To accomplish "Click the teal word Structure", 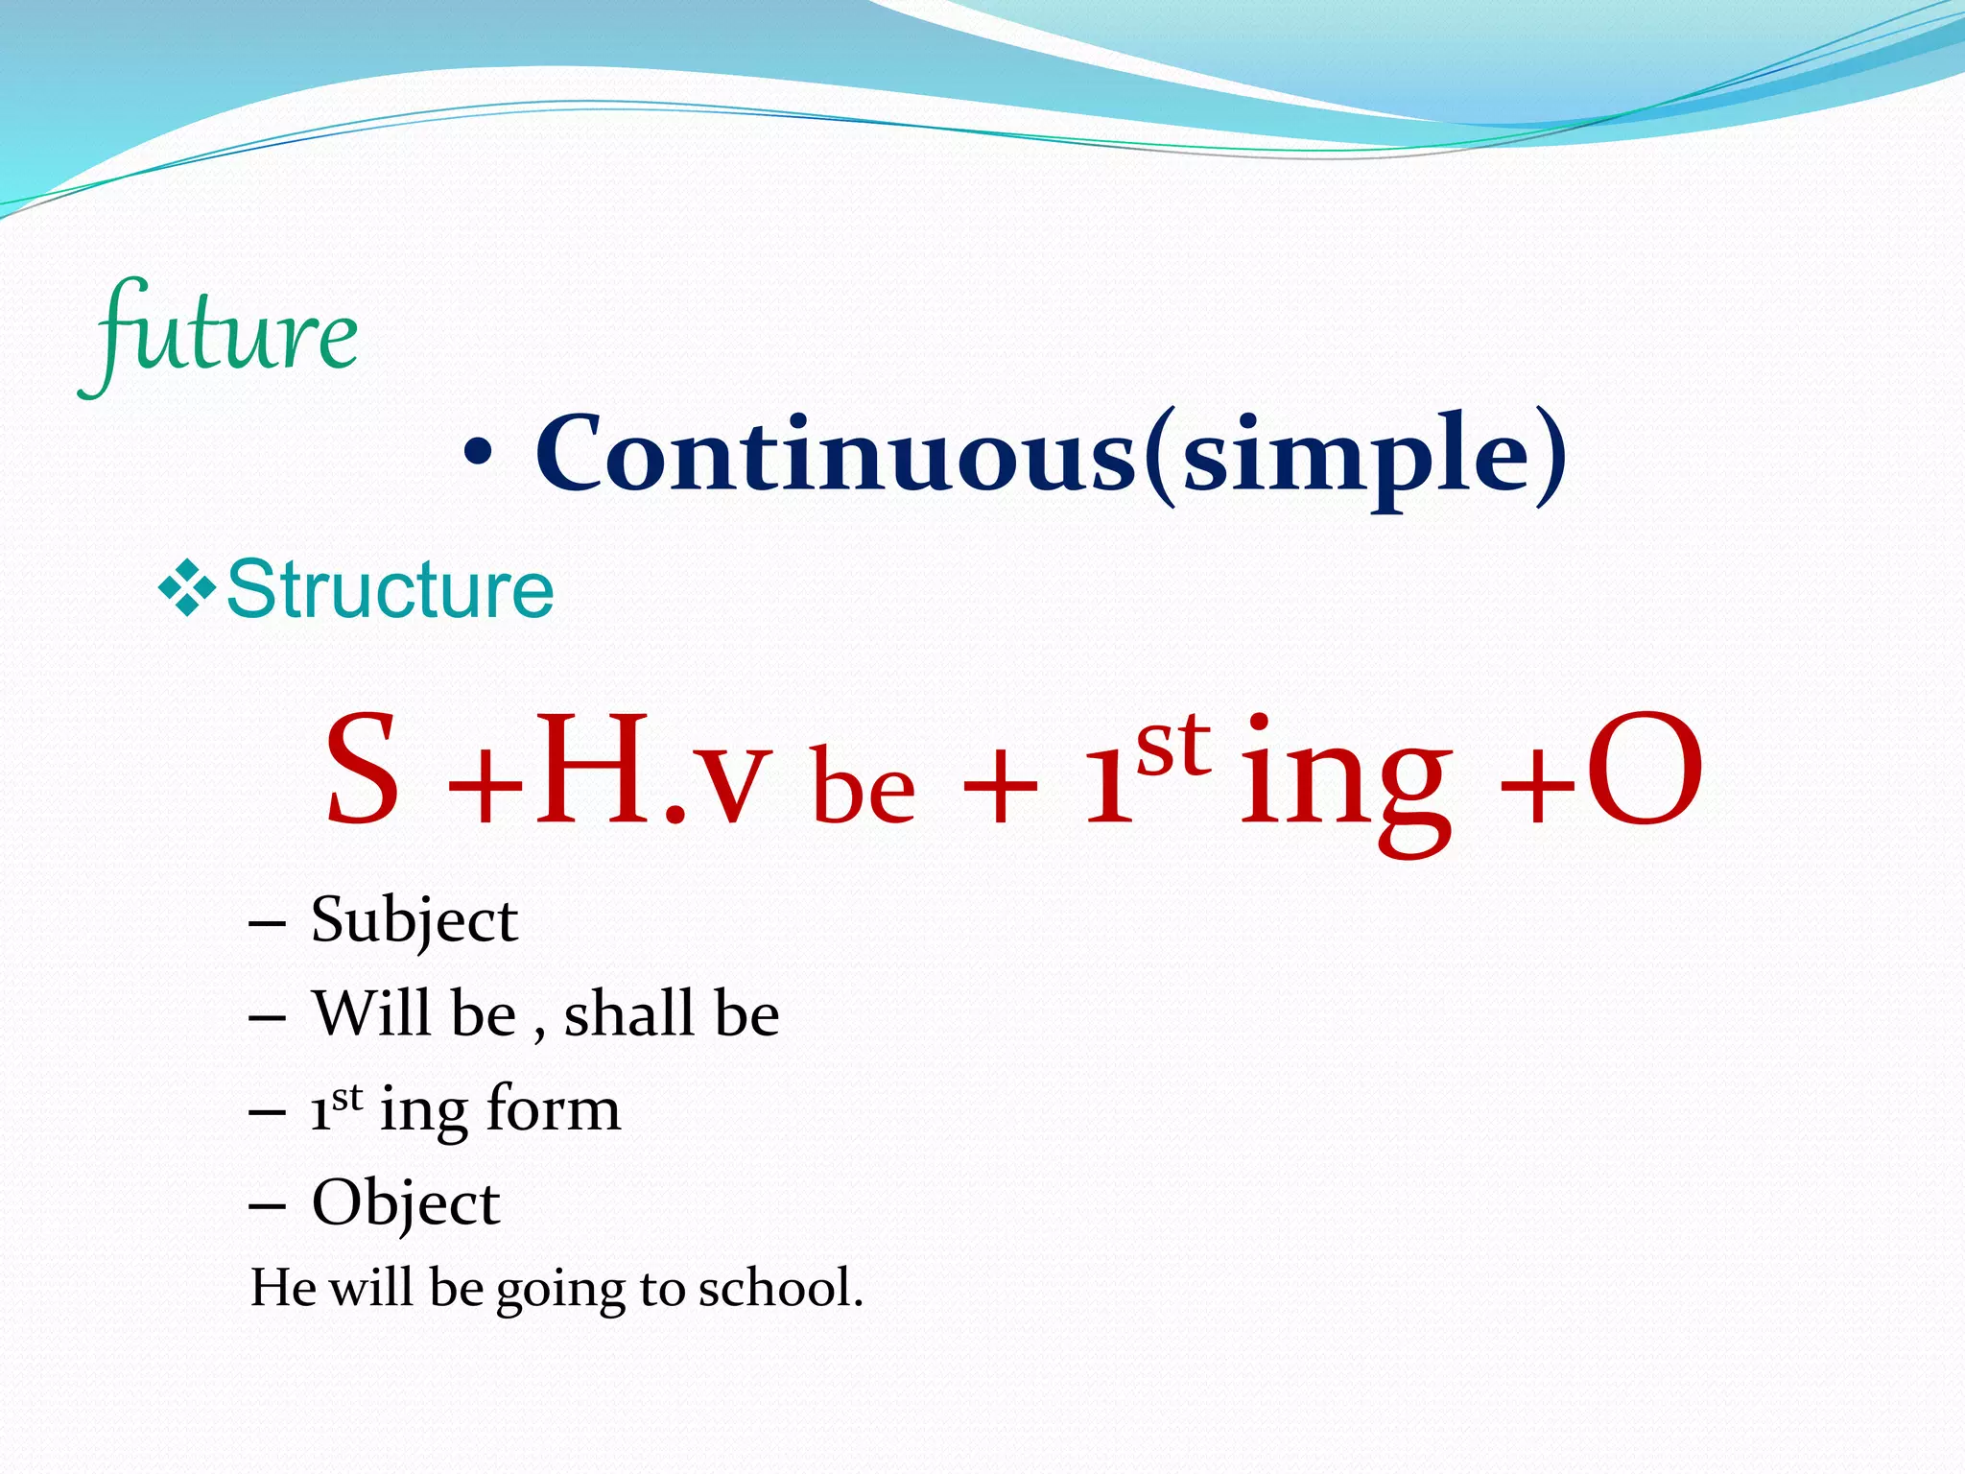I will pos(390,589).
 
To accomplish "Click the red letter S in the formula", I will pos(362,773).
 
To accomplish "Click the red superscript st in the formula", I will pos(1172,747).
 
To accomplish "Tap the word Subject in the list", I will pos(414,921).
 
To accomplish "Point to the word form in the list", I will pos(554,1109).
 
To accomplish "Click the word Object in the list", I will pos(406,1204).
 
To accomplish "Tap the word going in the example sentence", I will pos(560,1291).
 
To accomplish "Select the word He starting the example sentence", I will pos(283,1288).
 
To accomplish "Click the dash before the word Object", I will pos(267,1207).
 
